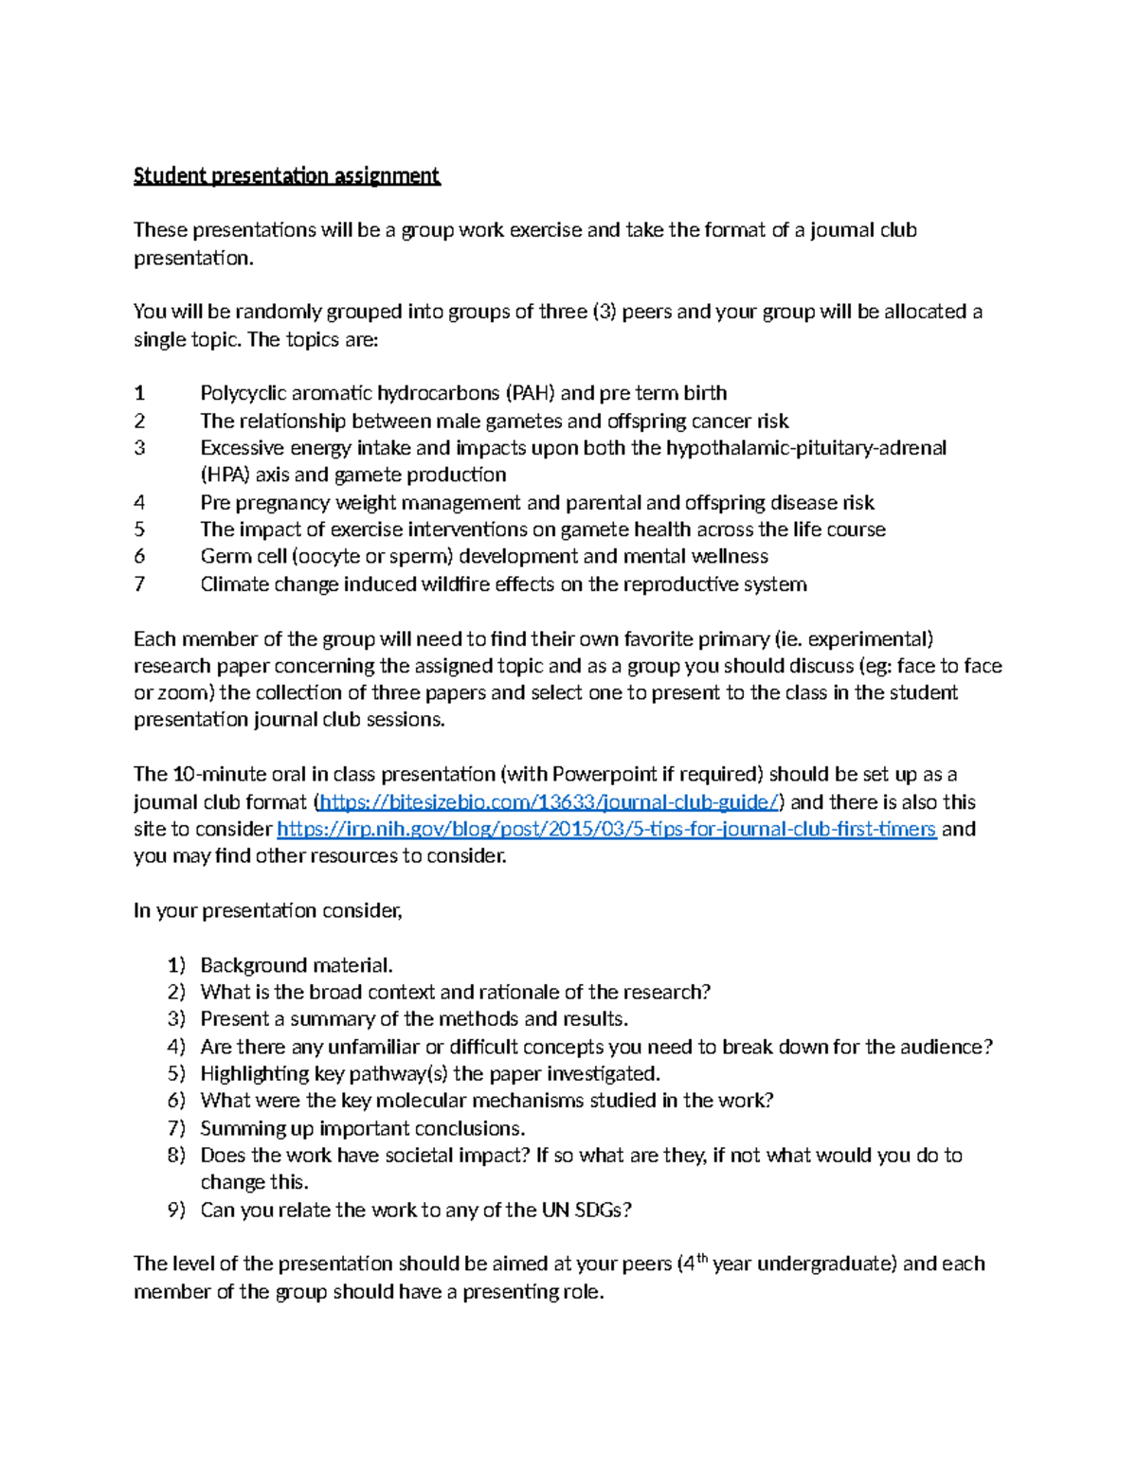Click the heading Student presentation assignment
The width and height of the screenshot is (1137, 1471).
pyautogui.click(x=286, y=176)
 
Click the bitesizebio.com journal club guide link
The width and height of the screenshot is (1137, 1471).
pyautogui.click(x=550, y=802)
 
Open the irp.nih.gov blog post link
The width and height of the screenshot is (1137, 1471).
pyautogui.click(x=606, y=830)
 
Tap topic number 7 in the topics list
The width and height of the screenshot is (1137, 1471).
pyautogui.click(x=139, y=584)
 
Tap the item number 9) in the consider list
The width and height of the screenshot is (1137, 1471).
pyautogui.click(x=176, y=1211)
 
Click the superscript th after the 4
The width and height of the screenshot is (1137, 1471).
pyautogui.click(x=701, y=1258)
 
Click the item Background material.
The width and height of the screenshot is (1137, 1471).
pyautogui.click(x=296, y=966)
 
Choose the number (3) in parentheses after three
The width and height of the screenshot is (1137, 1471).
pyautogui.click(x=604, y=312)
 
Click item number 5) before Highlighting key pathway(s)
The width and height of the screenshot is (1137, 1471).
pyautogui.click(x=176, y=1074)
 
